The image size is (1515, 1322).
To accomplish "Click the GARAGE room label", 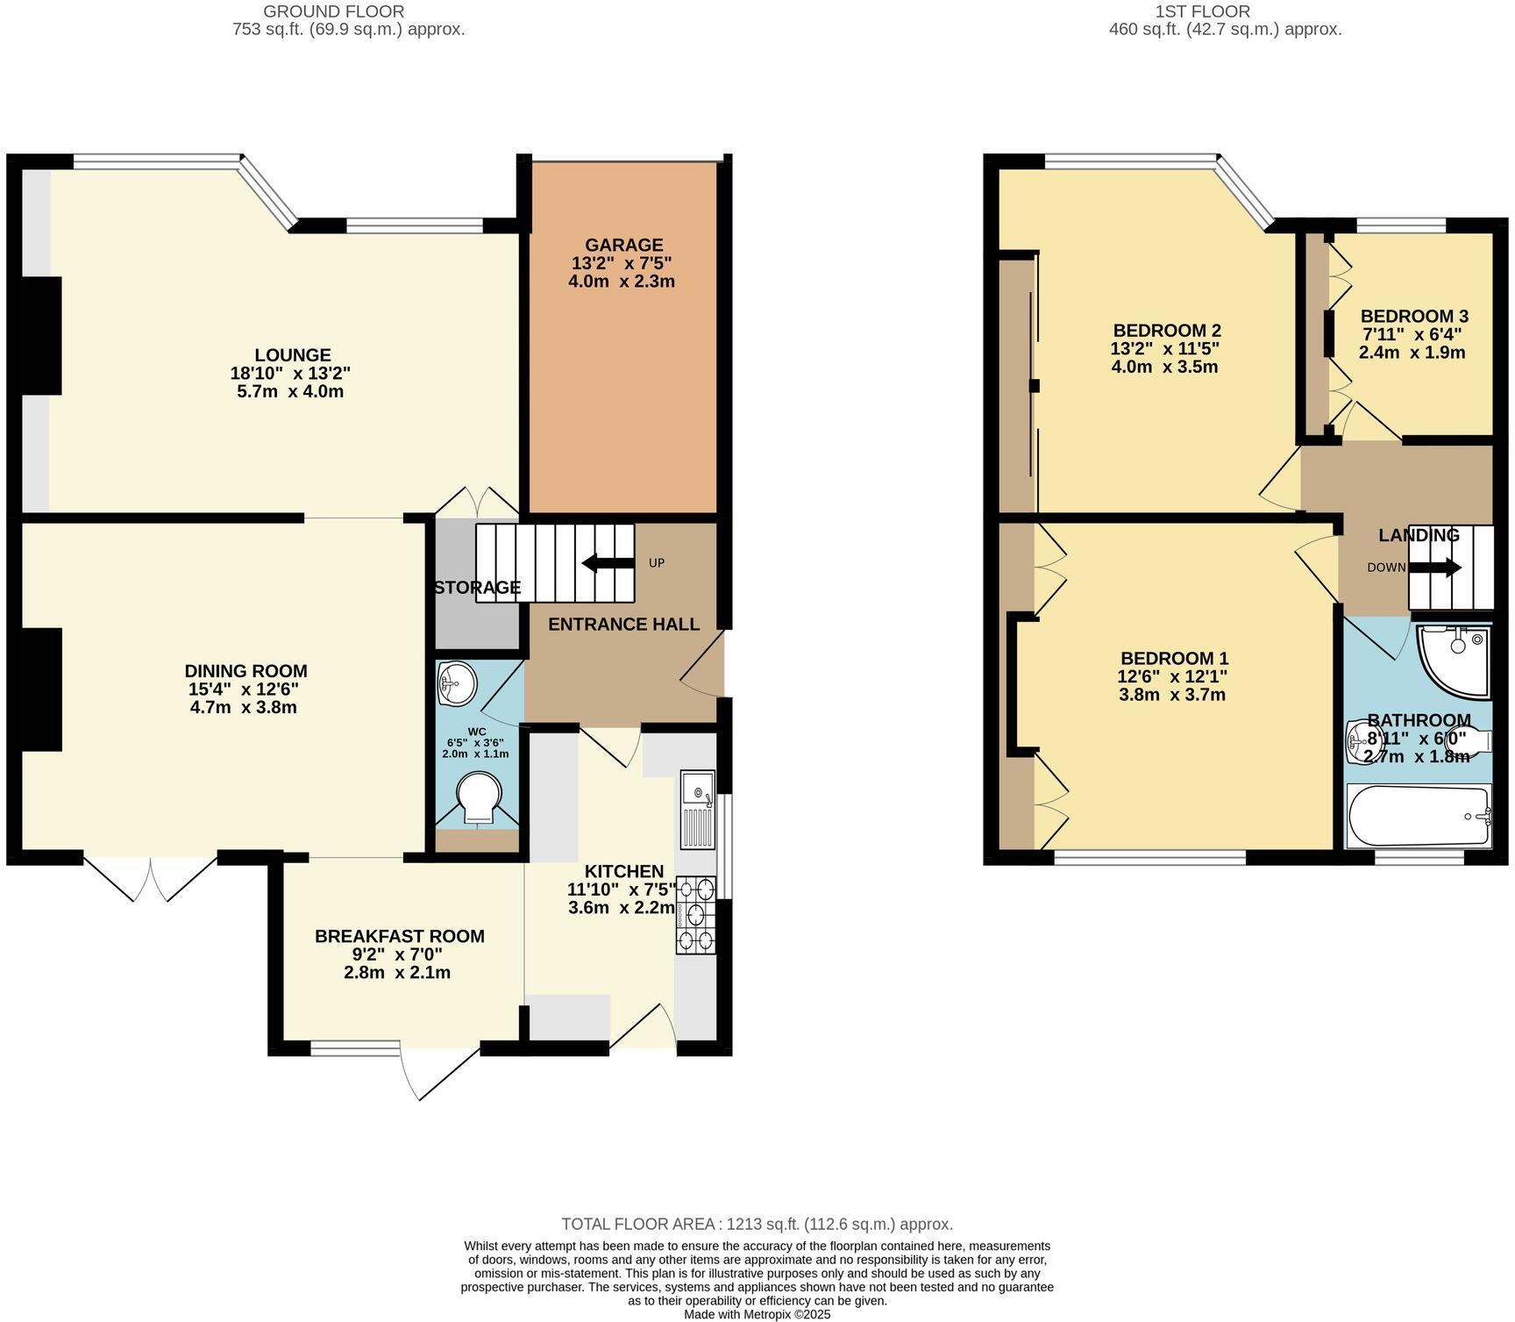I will click(x=624, y=245).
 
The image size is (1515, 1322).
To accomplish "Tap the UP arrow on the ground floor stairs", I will click(x=608, y=563).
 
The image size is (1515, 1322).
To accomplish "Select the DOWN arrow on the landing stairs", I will click(x=1435, y=568).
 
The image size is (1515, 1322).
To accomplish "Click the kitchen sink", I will click(x=698, y=809).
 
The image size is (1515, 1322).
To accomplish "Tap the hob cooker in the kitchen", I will click(x=696, y=915).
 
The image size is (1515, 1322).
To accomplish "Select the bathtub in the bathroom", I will click(x=1419, y=816).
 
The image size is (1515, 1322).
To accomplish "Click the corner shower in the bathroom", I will click(x=1455, y=660).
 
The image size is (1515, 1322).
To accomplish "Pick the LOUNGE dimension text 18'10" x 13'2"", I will click(x=292, y=373).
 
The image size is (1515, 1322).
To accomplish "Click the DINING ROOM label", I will click(x=245, y=671).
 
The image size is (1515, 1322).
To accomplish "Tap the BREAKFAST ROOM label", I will click(x=399, y=936).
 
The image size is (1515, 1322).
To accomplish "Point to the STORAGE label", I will click(x=478, y=588).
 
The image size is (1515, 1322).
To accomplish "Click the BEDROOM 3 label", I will click(x=1414, y=316).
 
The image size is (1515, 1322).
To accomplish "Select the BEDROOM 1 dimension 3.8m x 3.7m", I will click(x=1172, y=695).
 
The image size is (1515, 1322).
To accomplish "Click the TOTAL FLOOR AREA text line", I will click(x=757, y=1224).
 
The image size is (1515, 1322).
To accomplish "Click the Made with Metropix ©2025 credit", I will click(x=757, y=1314).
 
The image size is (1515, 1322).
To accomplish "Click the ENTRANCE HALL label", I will click(x=623, y=624).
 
